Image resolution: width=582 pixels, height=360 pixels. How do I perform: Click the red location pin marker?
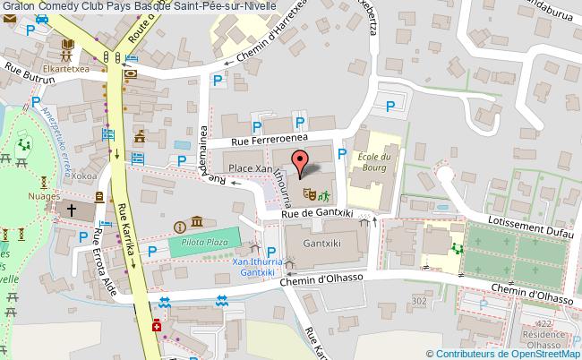click(300, 160)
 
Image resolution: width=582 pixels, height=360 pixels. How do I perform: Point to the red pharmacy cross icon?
click(158, 327)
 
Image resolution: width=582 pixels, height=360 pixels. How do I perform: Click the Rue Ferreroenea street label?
click(269, 140)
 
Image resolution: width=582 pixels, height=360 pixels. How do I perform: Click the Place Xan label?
click(250, 168)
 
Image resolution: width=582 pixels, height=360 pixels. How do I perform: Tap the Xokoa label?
click(87, 176)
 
